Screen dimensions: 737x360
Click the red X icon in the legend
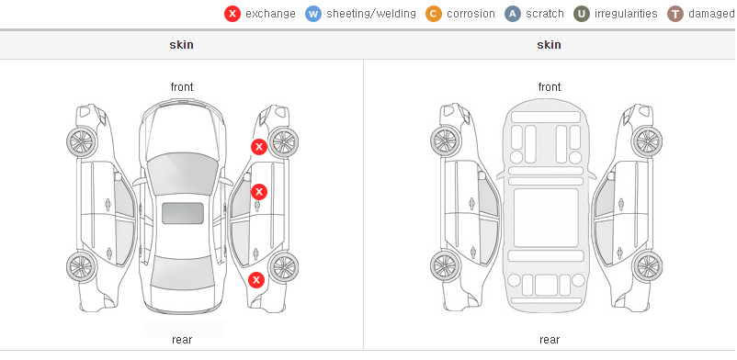pyautogui.click(x=232, y=14)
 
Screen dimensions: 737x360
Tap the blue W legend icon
pyautogui.click(x=313, y=14)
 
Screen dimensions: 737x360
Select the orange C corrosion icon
pyautogui.click(x=434, y=14)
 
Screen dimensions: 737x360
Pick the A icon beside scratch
pyautogui.click(x=513, y=14)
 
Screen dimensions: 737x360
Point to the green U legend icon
pyautogui.click(x=582, y=14)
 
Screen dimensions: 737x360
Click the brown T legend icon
pyautogui.click(x=675, y=14)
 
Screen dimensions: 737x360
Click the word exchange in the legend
pyautogui.click(x=270, y=14)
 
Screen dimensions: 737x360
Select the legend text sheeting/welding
pyautogui.click(x=371, y=14)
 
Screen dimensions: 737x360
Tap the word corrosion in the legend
pyautogui.click(x=471, y=14)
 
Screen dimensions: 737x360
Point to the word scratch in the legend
pyautogui.click(x=545, y=14)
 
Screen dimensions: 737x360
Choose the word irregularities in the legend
pyautogui.click(x=626, y=14)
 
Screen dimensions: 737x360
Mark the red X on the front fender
pyautogui.click(x=259, y=147)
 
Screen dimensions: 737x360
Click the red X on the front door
pyautogui.click(x=259, y=192)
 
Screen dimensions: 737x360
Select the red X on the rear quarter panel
pyautogui.click(x=256, y=281)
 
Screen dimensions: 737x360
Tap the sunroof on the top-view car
pyautogui.click(x=183, y=213)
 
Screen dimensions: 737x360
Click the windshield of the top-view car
pyautogui.click(x=183, y=173)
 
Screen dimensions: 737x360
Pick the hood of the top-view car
pyautogui.click(x=183, y=127)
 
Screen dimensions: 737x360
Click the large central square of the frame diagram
pyautogui.click(x=546, y=218)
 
